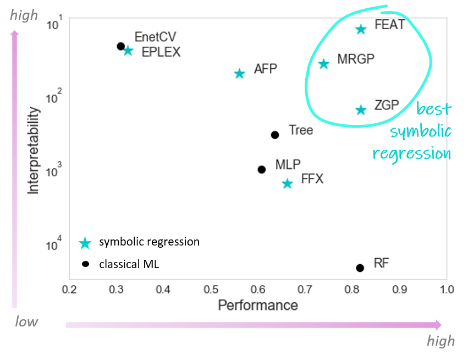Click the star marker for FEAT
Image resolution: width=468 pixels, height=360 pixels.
point(361,29)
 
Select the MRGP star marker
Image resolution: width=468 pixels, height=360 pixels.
point(324,64)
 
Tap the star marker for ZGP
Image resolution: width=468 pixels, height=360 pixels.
point(361,110)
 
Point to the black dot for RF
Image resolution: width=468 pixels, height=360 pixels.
point(360,268)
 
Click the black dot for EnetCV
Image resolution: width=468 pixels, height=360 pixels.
point(121,46)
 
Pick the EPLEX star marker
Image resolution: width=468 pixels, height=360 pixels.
point(128,51)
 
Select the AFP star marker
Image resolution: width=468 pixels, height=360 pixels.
point(239,74)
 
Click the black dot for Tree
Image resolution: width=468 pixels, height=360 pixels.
point(275,135)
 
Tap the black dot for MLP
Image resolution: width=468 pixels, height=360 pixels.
point(262,170)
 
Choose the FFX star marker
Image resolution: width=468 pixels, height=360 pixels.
point(287,184)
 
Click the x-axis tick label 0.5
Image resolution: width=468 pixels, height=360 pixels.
point(211,290)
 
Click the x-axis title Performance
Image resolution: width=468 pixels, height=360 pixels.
point(258,305)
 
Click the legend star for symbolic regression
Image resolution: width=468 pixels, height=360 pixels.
point(85,243)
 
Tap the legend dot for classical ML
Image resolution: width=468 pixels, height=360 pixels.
point(85,264)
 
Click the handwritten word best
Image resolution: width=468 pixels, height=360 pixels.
point(433,109)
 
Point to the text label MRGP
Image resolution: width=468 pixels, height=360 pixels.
point(356,59)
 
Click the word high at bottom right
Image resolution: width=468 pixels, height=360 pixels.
point(441,341)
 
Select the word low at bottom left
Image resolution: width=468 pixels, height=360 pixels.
point(26,322)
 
